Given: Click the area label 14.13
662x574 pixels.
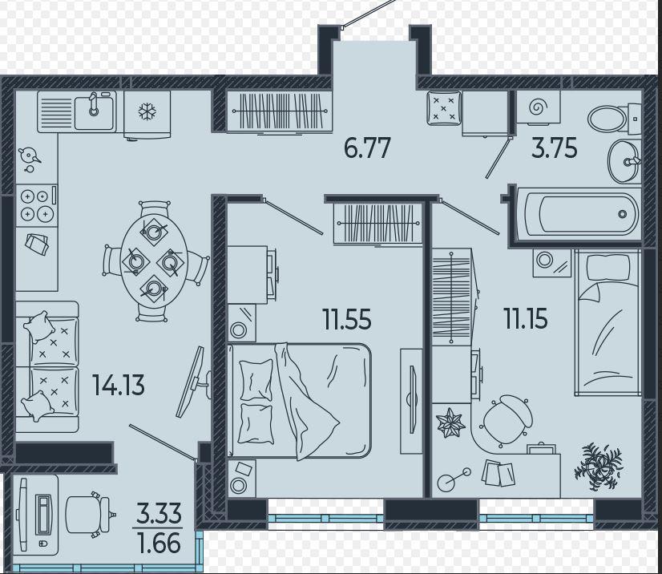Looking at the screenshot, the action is [119, 385].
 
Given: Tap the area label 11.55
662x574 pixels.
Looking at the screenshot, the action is [346, 319].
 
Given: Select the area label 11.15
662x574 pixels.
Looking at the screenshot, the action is [525, 318].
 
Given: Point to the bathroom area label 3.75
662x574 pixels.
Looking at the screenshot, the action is [554, 148].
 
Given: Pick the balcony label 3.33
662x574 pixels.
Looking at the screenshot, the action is [159, 513].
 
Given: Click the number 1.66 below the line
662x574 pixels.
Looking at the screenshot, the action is [159, 544].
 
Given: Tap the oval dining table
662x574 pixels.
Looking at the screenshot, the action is [154, 259].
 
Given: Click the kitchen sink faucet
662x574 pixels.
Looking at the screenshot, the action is [93, 103].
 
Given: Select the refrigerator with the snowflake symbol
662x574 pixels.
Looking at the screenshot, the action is [147, 114].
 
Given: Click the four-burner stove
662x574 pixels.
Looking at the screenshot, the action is [36, 205].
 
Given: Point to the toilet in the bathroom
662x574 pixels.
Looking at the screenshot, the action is [614, 119].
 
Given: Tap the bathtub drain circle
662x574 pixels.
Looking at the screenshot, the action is [622, 214].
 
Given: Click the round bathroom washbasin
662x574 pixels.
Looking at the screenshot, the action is [624, 162].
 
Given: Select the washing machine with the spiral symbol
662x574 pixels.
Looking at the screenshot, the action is [539, 107].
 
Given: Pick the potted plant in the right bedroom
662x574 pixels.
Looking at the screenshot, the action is [598, 466].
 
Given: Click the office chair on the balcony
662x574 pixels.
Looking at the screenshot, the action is [91, 515].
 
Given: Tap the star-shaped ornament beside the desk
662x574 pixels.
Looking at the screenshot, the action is [450, 422].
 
